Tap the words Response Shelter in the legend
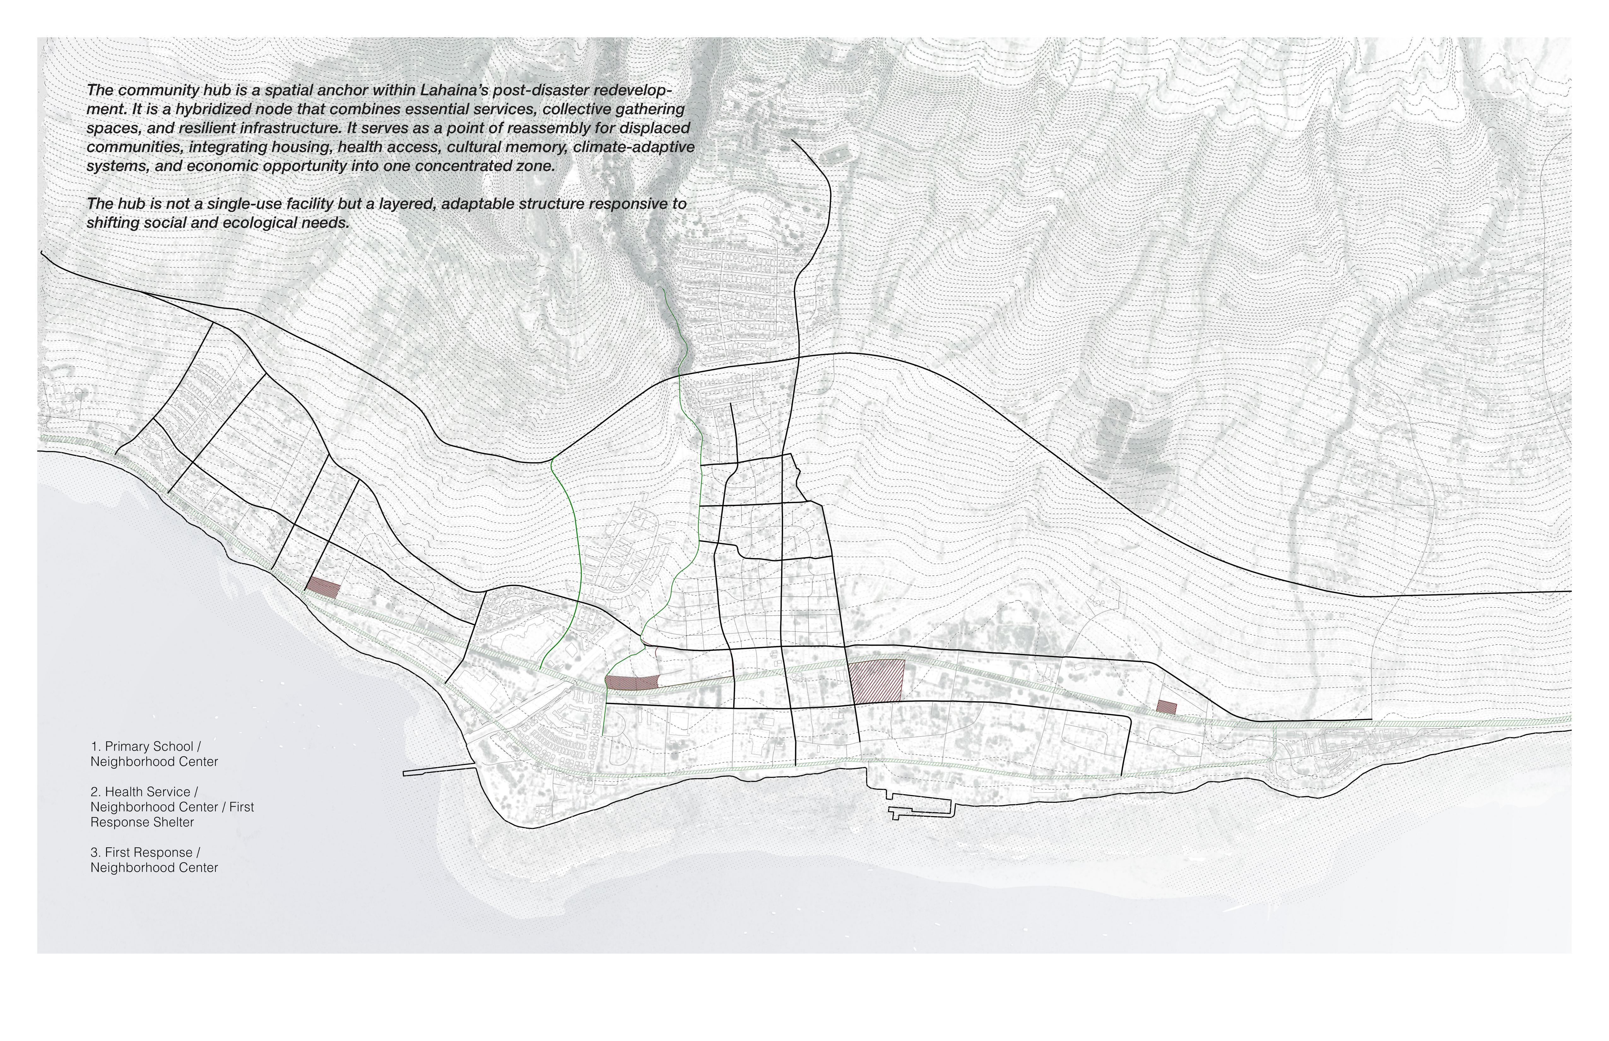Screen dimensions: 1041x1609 [x=142, y=823]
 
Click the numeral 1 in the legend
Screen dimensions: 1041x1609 [x=94, y=747]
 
